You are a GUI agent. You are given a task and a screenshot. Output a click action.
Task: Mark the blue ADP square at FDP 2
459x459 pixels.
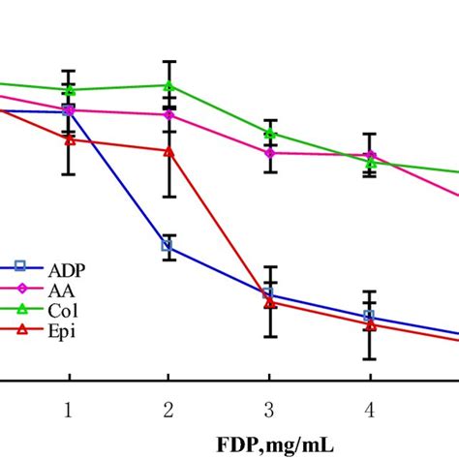(168, 246)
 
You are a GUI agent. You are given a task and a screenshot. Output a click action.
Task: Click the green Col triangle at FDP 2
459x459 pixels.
(168, 85)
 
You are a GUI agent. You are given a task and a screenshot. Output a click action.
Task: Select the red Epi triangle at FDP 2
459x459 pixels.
(168, 151)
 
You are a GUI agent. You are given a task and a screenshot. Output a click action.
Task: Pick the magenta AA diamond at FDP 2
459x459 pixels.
(168, 115)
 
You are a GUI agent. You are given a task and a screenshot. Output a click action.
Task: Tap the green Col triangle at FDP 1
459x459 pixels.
(68, 89)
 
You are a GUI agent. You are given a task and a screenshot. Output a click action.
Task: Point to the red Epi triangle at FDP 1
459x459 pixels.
(68, 138)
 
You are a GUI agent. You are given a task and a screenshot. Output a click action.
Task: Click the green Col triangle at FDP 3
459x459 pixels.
(270, 133)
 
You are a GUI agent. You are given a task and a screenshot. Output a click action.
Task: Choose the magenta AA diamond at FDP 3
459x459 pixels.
(270, 153)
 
